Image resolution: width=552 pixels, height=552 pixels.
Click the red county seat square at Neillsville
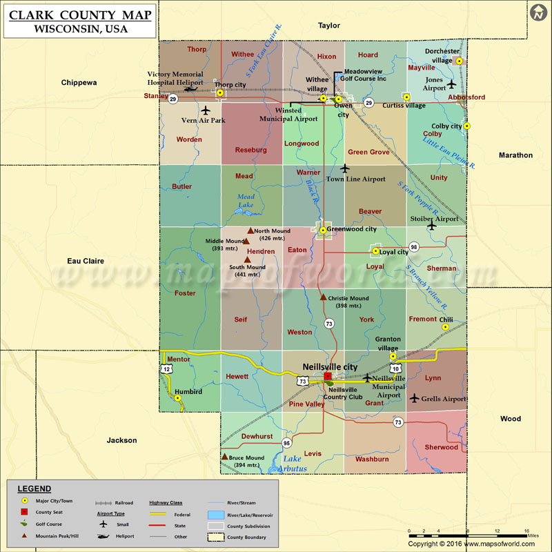point(328,376)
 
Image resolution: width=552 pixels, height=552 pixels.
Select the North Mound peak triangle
point(250,230)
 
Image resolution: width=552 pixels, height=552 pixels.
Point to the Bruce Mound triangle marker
point(224,457)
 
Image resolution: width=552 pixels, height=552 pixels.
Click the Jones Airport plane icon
point(451,84)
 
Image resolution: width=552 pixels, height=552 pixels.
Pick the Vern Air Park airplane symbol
point(205,110)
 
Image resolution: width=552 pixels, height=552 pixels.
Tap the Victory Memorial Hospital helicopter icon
point(192,89)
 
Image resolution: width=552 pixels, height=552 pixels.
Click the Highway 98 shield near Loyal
point(414,246)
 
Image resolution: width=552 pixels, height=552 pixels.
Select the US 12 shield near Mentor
point(166,369)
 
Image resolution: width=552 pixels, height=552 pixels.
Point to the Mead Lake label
point(246,201)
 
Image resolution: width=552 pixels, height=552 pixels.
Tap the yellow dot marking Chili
point(446,328)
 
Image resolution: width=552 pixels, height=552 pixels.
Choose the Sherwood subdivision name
point(441,447)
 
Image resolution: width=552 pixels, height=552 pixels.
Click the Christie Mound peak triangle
point(323,297)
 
